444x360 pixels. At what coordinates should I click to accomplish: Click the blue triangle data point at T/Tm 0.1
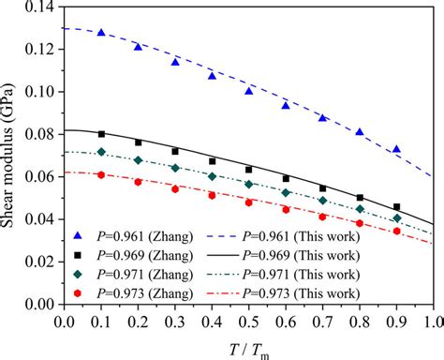pos(101,33)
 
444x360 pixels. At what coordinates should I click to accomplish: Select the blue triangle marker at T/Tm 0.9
pos(396,150)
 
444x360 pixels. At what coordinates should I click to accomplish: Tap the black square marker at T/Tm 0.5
pos(249,170)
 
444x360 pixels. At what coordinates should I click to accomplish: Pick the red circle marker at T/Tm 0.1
pos(101,174)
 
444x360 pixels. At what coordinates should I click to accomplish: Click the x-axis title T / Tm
pos(248,349)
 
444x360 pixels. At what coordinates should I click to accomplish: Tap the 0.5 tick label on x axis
pos(248,322)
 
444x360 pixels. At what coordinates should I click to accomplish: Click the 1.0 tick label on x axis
pos(432,322)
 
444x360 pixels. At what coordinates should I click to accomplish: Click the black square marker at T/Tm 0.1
pos(101,134)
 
